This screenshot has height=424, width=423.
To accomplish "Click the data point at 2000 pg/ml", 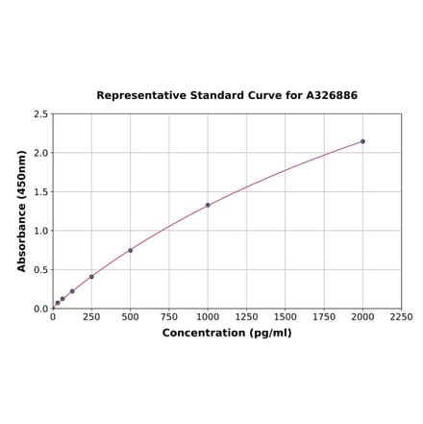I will [x=362, y=141].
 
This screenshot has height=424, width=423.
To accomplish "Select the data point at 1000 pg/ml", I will [x=208, y=205].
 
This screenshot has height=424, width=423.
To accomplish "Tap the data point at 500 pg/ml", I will [x=131, y=250].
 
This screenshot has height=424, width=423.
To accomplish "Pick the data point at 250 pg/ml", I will [x=91, y=277].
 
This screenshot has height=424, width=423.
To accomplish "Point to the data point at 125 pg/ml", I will [x=72, y=291].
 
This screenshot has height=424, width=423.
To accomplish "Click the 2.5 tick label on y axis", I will [x=40, y=114].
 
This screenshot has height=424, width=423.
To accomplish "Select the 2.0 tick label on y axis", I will [x=40, y=153].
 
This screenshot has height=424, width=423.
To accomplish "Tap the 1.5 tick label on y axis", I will [x=40, y=192].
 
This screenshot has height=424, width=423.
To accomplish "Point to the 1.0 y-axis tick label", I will [x=40, y=231].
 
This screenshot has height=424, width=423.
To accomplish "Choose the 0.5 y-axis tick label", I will [x=40, y=270].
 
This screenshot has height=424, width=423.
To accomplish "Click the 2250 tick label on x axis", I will [x=401, y=317].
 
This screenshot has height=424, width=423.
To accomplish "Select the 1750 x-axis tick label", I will [x=324, y=317].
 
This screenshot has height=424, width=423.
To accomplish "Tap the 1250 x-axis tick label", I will [x=246, y=317].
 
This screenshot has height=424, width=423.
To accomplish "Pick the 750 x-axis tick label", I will [x=169, y=317].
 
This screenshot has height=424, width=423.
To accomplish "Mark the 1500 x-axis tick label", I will [x=286, y=317].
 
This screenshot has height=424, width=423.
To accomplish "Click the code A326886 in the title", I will [x=332, y=96].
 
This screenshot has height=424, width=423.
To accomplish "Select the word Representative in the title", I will [x=142, y=96].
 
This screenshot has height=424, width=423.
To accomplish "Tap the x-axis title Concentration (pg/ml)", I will [x=227, y=334].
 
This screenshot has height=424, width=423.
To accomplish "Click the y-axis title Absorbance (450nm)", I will [x=21, y=211].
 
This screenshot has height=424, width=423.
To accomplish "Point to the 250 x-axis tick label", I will [x=91, y=317].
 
